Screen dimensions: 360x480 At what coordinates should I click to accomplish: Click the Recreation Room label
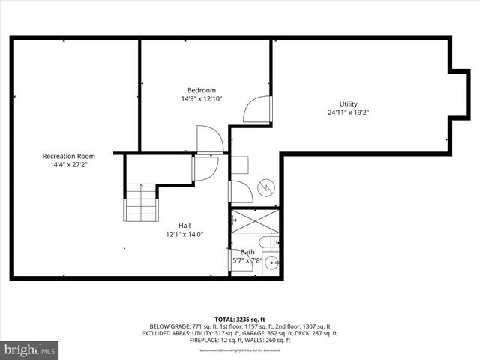click(68, 156)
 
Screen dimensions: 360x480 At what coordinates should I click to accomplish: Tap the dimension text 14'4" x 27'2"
click(68, 165)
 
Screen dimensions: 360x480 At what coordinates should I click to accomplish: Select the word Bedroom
click(202, 90)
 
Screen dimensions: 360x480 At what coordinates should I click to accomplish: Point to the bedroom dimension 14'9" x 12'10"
click(202, 99)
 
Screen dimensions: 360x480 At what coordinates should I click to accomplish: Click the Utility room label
click(348, 103)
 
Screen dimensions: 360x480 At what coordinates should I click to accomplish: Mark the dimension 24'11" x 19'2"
click(348, 112)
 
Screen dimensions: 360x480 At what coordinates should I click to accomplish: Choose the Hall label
click(184, 225)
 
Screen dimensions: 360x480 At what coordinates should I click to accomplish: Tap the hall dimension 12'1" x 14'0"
click(184, 234)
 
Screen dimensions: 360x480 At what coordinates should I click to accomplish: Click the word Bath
click(247, 252)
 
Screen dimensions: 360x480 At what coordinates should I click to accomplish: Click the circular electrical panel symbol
click(265, 187)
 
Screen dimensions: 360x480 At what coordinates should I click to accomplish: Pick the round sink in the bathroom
click(271, 262)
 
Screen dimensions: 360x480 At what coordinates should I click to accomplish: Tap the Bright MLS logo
click(30, 349)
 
